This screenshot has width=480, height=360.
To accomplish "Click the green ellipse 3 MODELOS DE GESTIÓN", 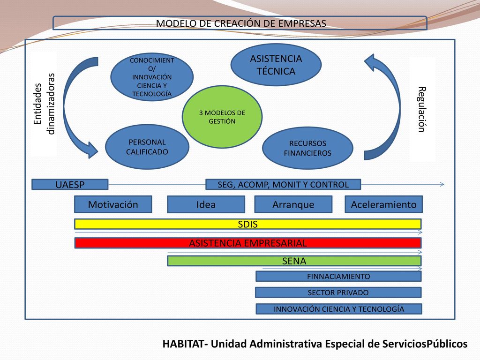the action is (222, 117).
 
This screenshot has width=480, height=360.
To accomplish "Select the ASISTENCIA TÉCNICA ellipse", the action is (276, 65).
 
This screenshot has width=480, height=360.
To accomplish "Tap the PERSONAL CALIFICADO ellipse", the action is (147, 147).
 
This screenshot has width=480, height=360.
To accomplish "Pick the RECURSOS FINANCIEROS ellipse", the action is (307, 148).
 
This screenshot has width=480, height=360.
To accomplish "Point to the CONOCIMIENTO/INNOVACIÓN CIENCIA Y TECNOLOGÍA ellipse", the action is (152, 77).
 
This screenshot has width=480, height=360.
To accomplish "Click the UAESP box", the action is (70, 185).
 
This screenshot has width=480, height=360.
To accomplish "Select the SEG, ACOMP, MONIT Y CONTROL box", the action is (283, 185).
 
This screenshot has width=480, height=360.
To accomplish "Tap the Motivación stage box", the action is (113, 204).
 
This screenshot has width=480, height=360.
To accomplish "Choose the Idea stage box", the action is (206, 204).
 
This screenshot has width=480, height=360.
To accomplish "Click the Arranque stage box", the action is (293, 204).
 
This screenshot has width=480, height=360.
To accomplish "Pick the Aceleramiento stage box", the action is (383, 204).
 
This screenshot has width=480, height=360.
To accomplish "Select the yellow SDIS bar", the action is (248, 224).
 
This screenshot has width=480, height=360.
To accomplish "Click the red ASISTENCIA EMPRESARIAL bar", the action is (248, 243).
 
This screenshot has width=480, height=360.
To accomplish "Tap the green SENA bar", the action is (294, 261).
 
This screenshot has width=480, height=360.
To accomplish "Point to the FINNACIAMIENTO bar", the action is (338, 276).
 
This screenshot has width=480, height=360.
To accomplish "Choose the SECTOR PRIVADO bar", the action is (338, 292).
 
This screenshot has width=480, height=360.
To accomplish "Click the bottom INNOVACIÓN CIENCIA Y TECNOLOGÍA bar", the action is (339, 308).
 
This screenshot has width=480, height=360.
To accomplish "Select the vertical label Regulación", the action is (422, 109).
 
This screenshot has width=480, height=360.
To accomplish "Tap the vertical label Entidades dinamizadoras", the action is (44, 104).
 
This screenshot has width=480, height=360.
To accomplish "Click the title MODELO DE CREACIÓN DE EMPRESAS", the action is (241, 23).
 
